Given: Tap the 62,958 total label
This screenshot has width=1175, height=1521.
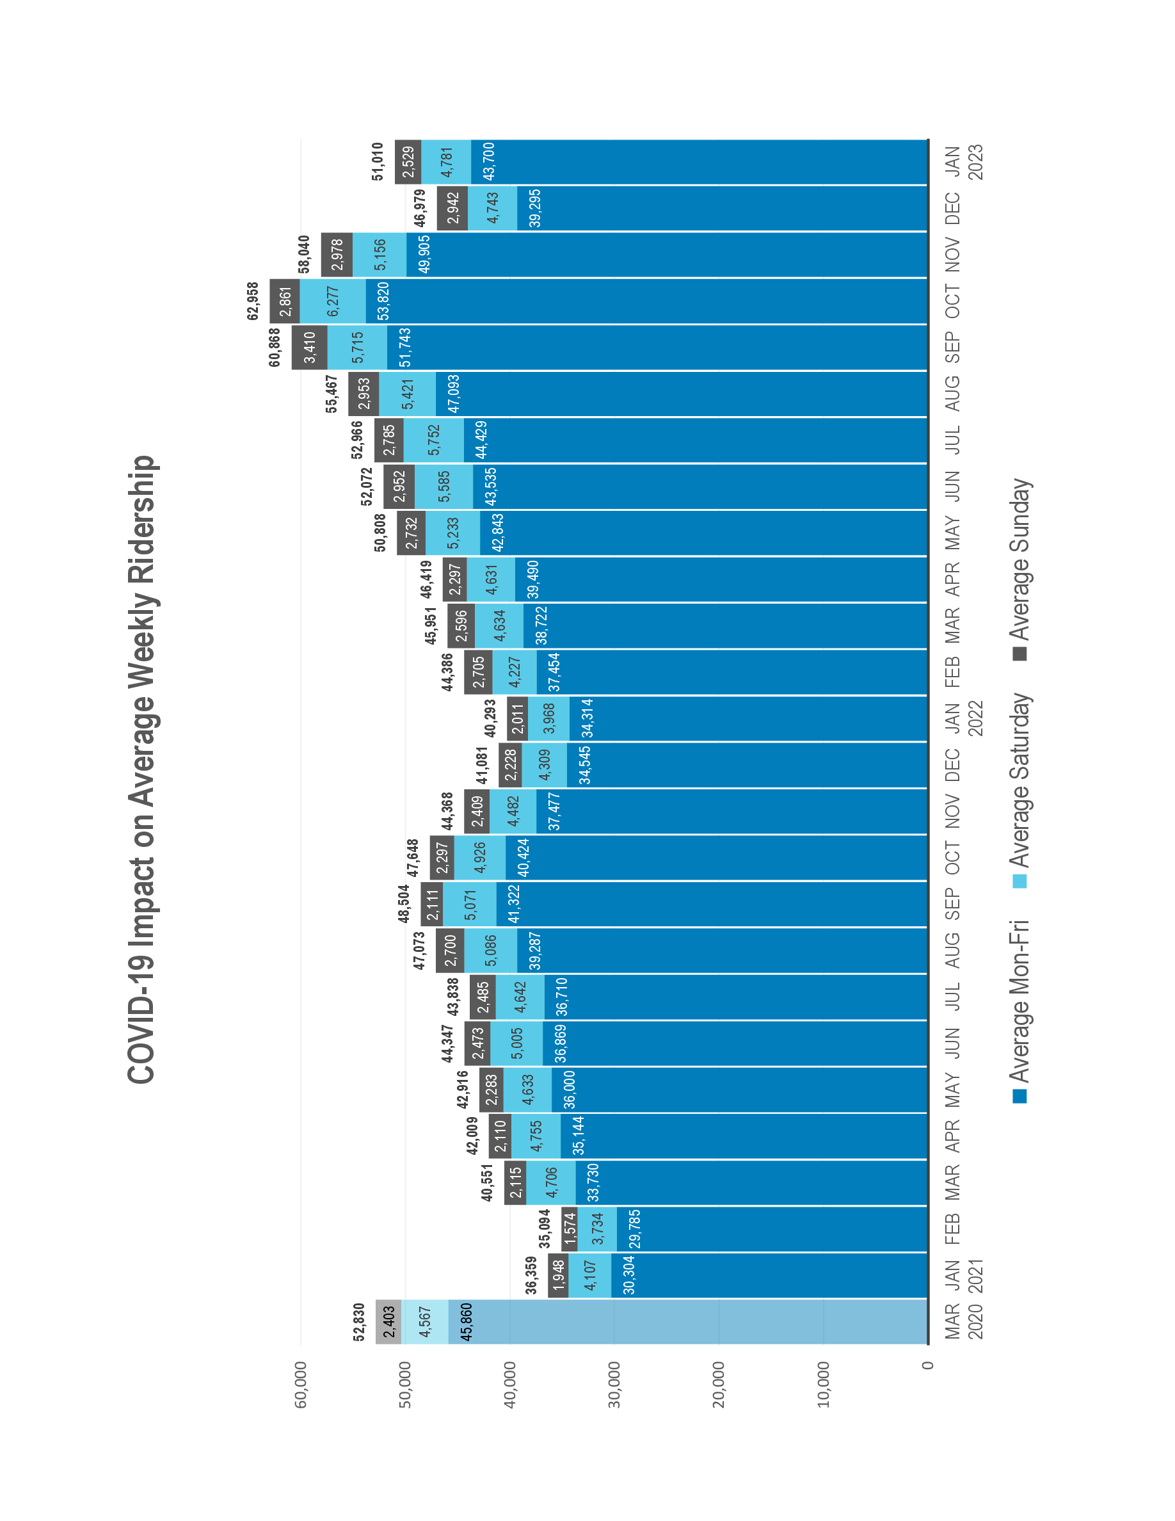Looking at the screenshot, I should tap(253, 301).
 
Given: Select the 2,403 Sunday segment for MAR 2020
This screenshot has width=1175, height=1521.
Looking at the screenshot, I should tap(388, 1321).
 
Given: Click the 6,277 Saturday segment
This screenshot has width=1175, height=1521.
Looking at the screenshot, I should tap(333, 301).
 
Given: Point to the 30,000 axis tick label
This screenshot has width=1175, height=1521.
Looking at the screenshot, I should tap(614, 1386).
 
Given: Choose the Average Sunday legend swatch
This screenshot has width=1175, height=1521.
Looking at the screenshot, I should tap(1019, 653).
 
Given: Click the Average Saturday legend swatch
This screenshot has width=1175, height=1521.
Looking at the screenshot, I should tap(1019, 881).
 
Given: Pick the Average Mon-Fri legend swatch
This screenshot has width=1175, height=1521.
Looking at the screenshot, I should tap(1019, 1095).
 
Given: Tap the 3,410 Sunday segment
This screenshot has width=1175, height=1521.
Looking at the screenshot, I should tap(309, 347).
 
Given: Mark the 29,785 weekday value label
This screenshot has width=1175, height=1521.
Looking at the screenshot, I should tap(147, 1229).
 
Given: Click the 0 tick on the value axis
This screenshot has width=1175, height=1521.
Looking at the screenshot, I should tap(927, 1365).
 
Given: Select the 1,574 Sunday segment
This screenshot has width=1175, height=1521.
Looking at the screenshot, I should tap(570, 1229).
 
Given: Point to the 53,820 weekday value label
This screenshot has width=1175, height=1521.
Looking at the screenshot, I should tap(382, 301).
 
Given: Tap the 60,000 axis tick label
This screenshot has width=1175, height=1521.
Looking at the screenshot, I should tap(301, 1386).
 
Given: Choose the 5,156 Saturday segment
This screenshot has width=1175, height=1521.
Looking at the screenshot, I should tap(380, 254).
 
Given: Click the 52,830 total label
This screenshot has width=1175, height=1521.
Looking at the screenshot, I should tap(358, 1321).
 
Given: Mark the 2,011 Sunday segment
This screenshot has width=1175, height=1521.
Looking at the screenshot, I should tap(517, 719).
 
